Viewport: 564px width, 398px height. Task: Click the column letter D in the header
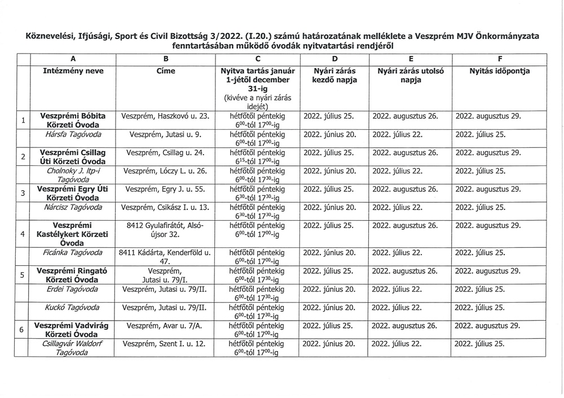pyautogui.click(x=335, y=59)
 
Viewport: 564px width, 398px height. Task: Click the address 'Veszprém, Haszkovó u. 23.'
pyautogui.click(x=165, y=116)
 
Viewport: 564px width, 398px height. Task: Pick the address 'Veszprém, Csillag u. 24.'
pyautogui.click(x=165, y=152)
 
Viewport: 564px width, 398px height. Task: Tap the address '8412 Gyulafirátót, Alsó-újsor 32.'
pyautogui.click(x=165, y=230)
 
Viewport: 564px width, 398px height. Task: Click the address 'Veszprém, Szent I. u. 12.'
pyautogui.click(x=165, y=344)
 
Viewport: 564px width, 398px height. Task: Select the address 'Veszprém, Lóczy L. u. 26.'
pyautogui.click(x=165, y=170)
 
